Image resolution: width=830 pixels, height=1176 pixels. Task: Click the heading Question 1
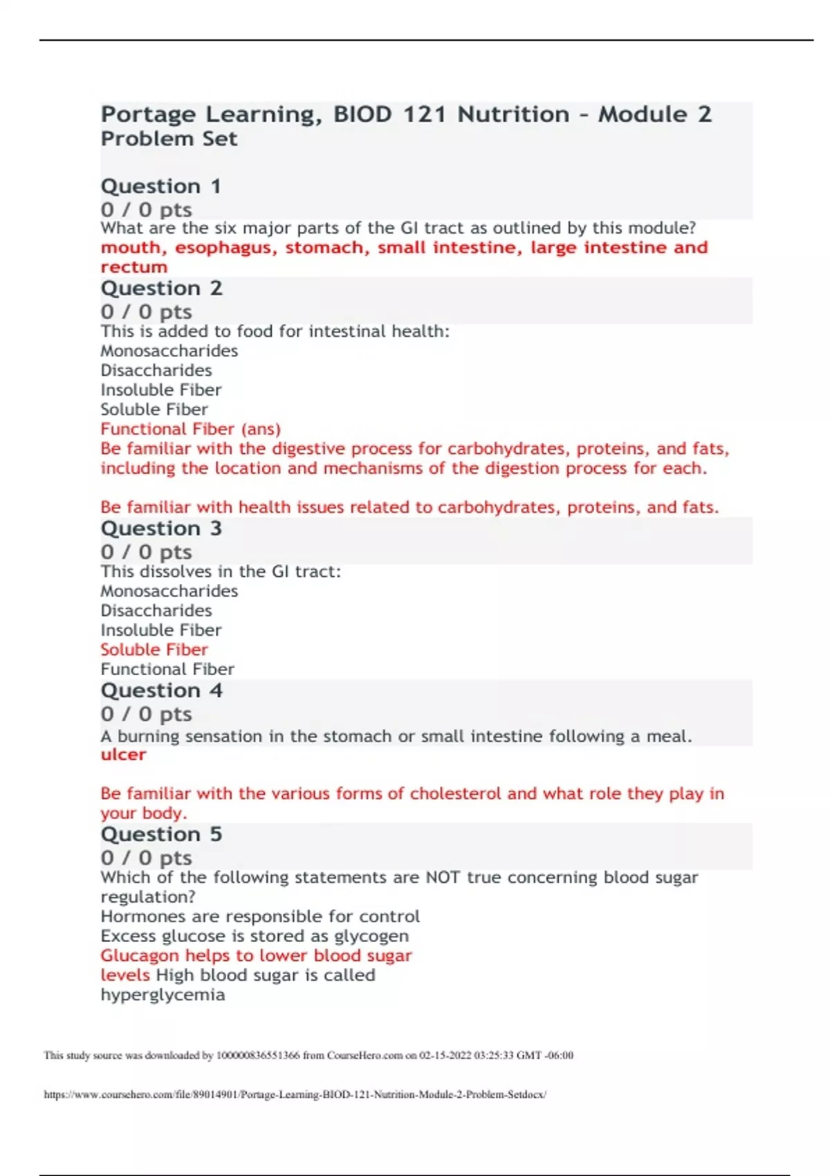(x=160, y=186)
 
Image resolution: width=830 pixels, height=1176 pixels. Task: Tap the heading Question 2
(x=161, y=288)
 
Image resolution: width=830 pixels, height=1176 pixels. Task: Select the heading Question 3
(x=161, y=529)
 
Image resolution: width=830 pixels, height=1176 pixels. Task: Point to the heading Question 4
(x=161, y=690)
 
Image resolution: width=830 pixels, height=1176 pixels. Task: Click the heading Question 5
(x=161, y=834)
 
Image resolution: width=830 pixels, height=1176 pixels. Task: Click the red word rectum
(x=133, y=267)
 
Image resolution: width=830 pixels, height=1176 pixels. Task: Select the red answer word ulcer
(x=123, y=755)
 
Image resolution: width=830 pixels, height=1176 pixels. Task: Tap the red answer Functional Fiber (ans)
(x=190, y=429)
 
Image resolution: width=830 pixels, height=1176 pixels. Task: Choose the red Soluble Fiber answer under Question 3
(x=154, y=650)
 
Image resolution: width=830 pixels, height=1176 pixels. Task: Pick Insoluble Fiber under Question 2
(x=160, y=390)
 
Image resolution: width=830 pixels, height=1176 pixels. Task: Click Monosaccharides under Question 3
(x=169, y=591)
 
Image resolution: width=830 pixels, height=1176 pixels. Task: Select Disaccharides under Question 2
(x=156, y=371)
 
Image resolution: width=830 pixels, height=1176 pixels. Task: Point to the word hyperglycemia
(x=163, y=995)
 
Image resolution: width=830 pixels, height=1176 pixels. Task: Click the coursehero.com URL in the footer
(x=295, y=1094)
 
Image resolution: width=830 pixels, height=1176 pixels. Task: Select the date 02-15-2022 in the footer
(x=443, y=1055)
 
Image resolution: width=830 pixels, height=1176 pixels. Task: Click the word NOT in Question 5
(x=443, y=877)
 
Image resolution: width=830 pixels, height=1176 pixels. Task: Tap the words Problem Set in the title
(x=169, y=139)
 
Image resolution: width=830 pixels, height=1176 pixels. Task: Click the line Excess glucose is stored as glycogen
(x=255, y=936)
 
